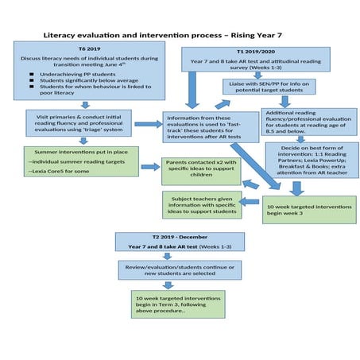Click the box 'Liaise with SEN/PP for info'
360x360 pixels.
coord(269,86)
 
